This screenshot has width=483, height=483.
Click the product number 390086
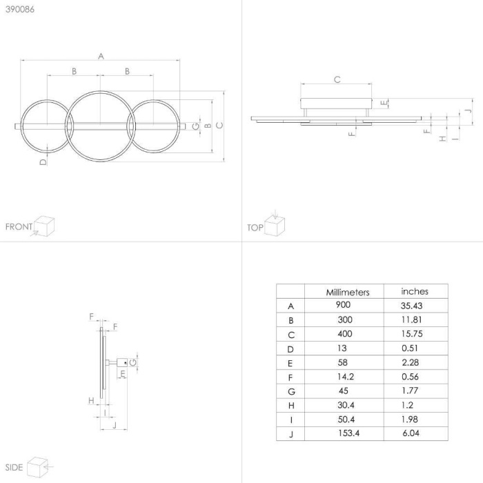coord(20,9)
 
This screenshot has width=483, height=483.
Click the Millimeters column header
coord(348,292)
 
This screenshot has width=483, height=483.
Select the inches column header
coord(415,291)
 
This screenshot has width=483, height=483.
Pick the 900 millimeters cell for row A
coord(343,305)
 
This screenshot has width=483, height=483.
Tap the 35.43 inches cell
coord(411,306)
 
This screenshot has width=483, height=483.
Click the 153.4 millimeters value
coord(348,433)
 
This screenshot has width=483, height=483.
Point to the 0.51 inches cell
coord(410,348)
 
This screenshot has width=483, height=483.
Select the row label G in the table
coord(291,391)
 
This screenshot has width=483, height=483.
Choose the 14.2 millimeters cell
coord(346,377)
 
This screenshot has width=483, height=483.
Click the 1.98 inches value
coord(410,420)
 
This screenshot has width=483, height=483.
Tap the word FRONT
coord(19,227)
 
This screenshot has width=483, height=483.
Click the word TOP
coord(255,228)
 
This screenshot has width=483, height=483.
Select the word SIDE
coord(14,467)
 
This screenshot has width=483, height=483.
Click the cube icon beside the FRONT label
coord(44,226)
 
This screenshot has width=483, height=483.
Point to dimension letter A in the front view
coord(101,57)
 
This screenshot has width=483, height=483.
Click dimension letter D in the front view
coord(43,162)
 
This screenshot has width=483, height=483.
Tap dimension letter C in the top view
coord(337,79)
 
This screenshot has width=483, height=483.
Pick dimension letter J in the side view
coord(115,425)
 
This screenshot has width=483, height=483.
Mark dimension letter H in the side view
coord(91,400)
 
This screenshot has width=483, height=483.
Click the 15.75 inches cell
coord(412,333)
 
